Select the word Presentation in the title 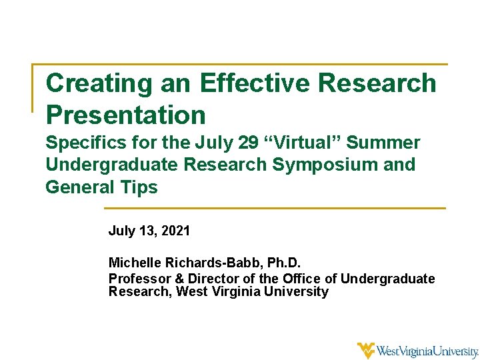(x=125, y=115)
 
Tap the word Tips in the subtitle (x=140, y=187)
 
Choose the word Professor (x=137, y=279)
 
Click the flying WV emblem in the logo (x=366, y=350)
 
